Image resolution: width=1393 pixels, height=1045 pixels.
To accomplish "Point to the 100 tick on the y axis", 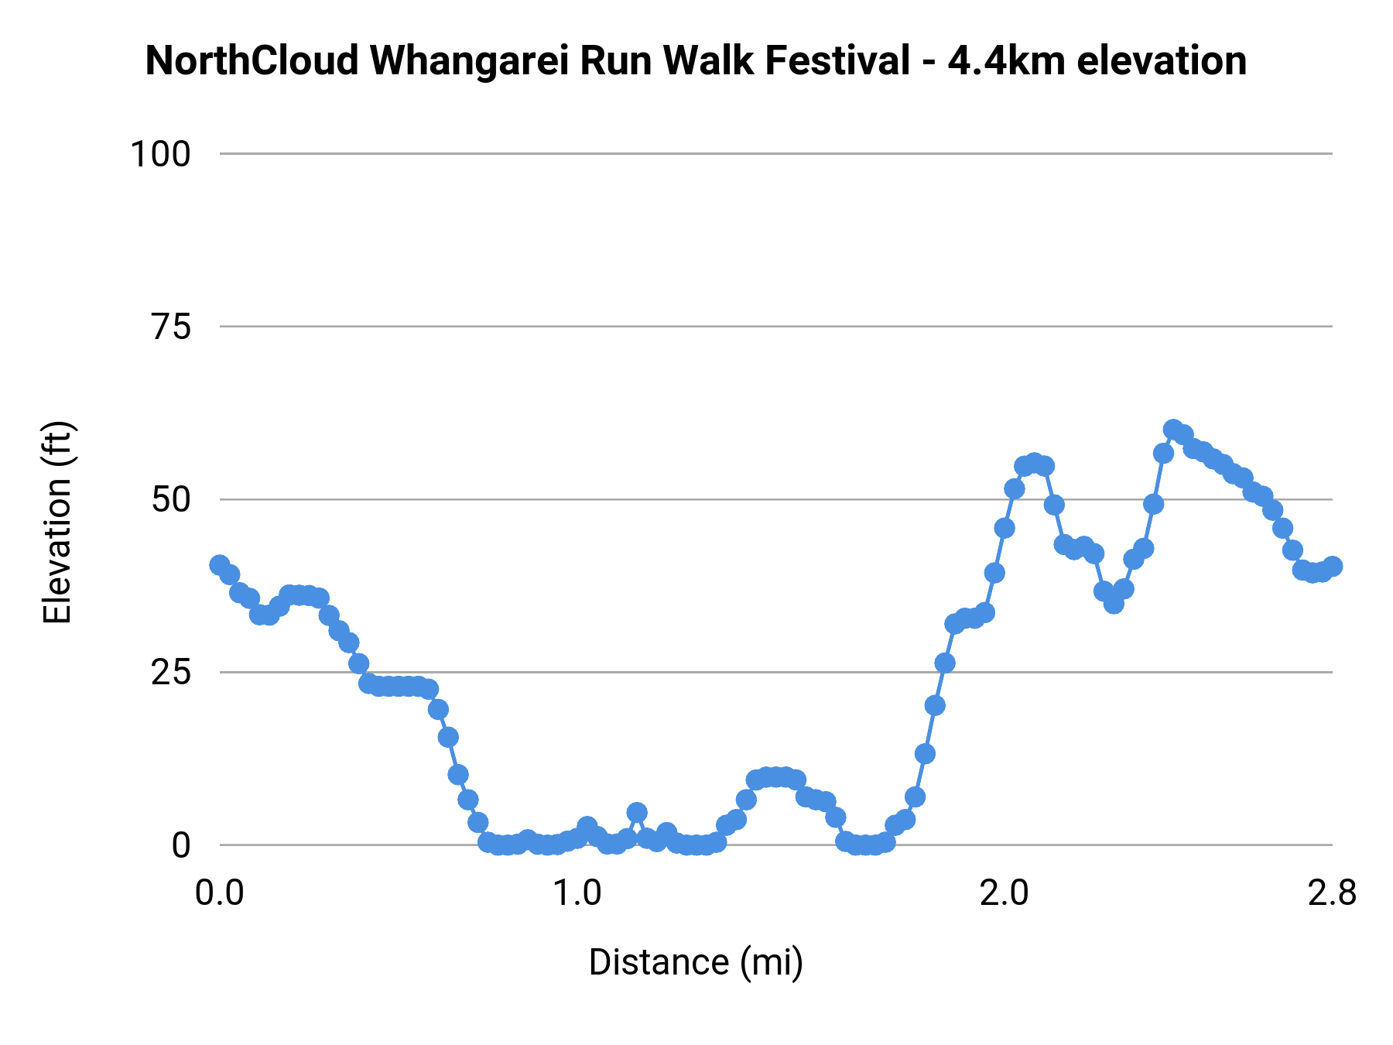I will (160, 154).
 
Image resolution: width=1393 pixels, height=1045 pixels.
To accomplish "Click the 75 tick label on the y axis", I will (170, 327).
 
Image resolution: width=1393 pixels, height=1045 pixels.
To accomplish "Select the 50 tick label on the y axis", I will (170, 500).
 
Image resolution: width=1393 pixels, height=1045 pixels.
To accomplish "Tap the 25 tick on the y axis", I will (170, 673).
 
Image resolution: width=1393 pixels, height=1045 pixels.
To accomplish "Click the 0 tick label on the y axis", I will (181, 845).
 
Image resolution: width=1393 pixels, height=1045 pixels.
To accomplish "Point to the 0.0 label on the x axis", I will (220, 893).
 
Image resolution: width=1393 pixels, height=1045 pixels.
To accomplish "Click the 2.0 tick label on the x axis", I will (1005, 893).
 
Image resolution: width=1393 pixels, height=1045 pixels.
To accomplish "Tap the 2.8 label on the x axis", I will (1332, 893).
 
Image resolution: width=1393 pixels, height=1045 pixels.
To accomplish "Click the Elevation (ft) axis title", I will (58, 522).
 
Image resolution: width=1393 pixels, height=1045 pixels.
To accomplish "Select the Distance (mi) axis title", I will (696, 962).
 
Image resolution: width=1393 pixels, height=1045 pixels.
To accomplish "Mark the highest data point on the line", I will (1173, 430).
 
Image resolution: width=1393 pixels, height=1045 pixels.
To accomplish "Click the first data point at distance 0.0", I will (220, 565).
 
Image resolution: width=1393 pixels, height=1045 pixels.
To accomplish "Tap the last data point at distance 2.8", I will (1332, 566).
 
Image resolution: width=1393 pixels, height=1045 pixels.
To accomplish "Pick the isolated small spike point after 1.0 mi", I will (637, 813).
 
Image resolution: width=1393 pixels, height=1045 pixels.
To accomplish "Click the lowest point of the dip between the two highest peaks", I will (1114, 603).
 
